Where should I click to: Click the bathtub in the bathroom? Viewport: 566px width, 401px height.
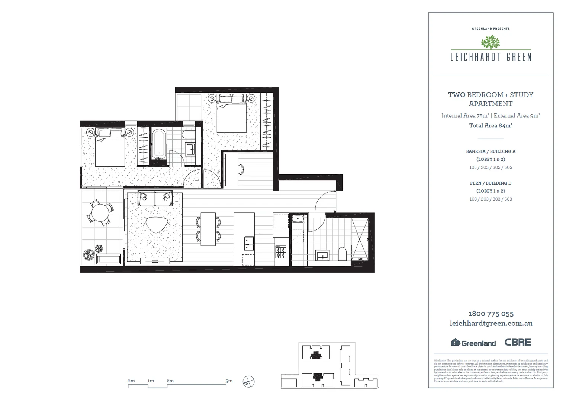[159, 144]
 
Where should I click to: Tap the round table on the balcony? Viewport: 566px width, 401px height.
[100, 213]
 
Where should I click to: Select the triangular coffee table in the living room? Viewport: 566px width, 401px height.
[157, 225]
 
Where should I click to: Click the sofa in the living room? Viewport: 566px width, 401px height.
[155, 198]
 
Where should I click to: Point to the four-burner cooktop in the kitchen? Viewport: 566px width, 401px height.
[280, 252]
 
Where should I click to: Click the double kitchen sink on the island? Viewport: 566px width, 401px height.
[249, 244]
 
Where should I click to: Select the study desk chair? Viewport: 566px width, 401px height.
[241, 170]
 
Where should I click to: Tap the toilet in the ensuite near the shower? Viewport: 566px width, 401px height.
[342, 254]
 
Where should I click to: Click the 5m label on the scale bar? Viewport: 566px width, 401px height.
[229, 381]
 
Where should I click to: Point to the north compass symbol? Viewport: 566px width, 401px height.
[248, 382]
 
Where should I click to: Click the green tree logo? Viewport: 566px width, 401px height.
[490, 42]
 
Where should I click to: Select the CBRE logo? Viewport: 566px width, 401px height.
[518, 342]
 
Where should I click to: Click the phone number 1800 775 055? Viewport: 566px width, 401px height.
[491, 314]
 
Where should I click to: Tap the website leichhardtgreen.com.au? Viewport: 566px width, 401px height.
[491, 323]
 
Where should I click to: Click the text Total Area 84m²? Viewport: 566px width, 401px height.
[491, 125]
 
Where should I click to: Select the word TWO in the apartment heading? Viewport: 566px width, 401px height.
[456, 95]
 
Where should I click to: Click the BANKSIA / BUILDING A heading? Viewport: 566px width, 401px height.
[491, 151]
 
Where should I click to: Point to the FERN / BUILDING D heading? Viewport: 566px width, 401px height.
[491, 183]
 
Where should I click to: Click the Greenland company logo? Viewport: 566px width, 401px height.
[473, 343]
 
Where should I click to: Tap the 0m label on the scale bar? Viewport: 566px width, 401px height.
[131, 381]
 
